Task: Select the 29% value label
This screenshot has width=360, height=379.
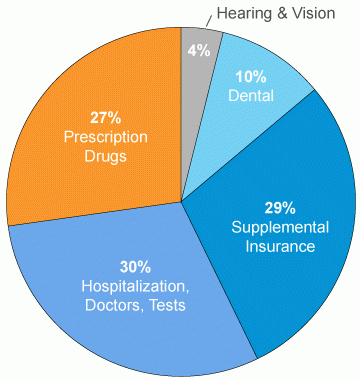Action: pyautogui.click(x=280, y=208)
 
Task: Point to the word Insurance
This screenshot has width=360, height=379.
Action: pyautogui.click(x=280, y=244)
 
